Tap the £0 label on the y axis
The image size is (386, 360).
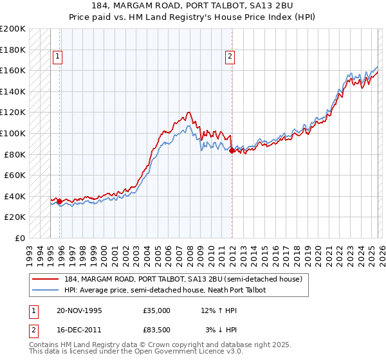pos(20,238)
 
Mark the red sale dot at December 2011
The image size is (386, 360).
pos(232,150)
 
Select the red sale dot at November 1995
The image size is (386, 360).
pos(60,201)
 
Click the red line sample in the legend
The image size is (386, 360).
pos(46,279)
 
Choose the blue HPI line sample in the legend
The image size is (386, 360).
pos(46,290)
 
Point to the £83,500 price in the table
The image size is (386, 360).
pos(156,330)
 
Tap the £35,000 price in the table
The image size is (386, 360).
pos(156,310)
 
